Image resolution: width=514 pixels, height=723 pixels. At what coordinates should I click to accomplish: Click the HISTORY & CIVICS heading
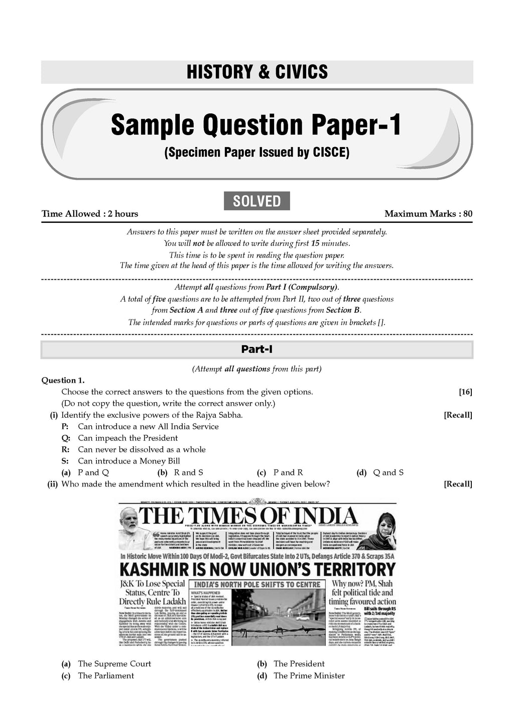coord(256,72)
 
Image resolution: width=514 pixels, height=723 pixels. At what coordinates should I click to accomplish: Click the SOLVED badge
coord(256,201)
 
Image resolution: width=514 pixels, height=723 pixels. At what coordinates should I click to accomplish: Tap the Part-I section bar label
coord(256,349)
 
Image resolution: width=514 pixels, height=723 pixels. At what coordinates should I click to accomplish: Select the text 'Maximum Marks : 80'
coord(428,214)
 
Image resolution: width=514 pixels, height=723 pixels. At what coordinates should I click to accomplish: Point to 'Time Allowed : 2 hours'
coord(90,214)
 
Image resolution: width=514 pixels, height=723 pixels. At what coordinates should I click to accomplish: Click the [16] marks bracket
coord(465,392)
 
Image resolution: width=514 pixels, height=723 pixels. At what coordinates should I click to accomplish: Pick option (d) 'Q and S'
coord(388,472)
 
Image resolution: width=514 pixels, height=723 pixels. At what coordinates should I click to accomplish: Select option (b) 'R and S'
coord(188,472)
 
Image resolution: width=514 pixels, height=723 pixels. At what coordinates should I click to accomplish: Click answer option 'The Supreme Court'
coord(114,664)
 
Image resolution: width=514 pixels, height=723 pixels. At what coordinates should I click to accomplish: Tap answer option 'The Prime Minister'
coord(309,676)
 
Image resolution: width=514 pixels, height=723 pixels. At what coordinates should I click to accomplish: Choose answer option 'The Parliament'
coord(105,676)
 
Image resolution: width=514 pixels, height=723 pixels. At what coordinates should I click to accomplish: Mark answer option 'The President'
coord(299,664)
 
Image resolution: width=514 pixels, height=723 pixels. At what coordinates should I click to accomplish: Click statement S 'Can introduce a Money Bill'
coord(128,461)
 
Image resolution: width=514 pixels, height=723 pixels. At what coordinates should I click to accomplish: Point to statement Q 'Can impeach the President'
coord(127,438)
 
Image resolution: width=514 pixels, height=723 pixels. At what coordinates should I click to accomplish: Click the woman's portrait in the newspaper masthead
coord(381,525)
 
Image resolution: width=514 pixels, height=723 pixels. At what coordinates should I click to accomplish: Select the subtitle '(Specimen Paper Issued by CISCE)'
coord(256,153)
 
